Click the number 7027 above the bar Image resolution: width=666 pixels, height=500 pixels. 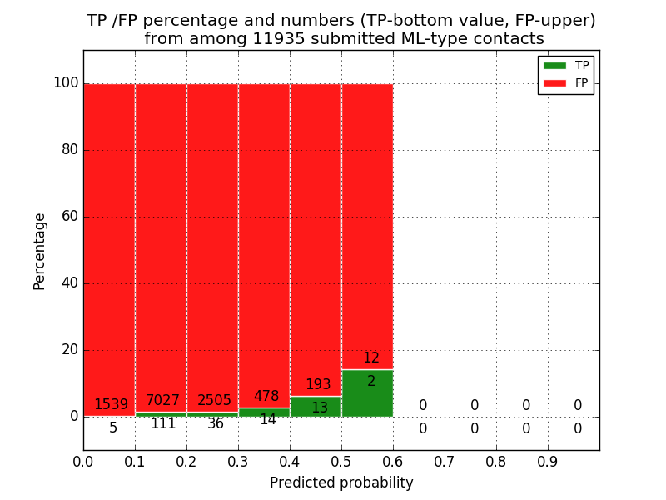[162, 401]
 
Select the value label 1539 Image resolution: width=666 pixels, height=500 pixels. [111, 405]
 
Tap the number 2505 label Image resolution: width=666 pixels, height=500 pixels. [214, 401]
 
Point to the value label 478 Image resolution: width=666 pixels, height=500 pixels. [266, 397]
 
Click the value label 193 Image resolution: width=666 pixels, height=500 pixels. [318, 385]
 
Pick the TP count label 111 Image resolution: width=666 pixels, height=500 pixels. [163, 424]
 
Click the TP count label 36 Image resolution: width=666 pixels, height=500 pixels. [216, 424]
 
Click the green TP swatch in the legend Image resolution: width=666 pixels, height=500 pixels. [554, 66]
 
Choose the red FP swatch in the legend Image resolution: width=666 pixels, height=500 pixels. [554, 83]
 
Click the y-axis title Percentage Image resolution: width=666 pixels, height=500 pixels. [40, 251]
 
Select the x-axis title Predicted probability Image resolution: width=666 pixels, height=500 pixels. [341, 483]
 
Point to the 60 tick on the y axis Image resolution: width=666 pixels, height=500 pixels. [69, 217]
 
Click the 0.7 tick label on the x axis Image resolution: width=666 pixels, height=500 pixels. [445, 460]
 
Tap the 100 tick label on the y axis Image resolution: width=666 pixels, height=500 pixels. [66, 83]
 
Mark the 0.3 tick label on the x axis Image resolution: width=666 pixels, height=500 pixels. [238, 460]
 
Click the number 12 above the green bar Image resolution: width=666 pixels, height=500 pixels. [371, 358]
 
